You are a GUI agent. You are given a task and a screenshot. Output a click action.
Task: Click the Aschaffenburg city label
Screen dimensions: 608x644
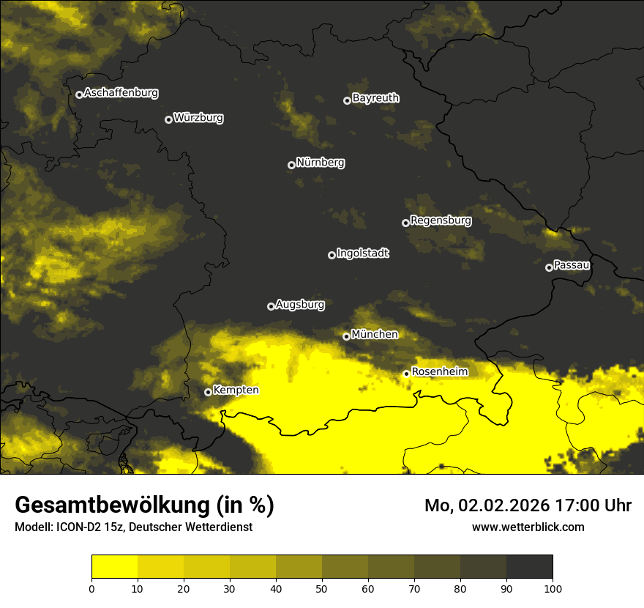121,93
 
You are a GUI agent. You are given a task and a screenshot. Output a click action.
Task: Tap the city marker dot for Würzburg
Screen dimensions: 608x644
168,119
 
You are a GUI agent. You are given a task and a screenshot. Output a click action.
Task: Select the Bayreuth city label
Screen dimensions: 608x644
375,98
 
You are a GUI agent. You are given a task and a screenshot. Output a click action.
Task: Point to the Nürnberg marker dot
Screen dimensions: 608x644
291,165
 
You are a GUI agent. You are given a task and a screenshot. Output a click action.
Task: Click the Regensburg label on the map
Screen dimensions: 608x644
441,220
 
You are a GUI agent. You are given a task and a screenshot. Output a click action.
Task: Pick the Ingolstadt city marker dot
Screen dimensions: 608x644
332,255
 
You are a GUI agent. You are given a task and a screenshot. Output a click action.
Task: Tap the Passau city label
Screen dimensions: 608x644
572,264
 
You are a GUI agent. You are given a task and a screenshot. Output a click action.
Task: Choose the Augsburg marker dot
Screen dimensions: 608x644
271,306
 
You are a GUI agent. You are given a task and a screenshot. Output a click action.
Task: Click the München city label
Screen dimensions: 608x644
375,334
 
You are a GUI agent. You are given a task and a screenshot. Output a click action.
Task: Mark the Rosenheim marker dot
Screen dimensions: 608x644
406,374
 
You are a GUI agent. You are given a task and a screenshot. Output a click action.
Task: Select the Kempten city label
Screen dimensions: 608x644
236,390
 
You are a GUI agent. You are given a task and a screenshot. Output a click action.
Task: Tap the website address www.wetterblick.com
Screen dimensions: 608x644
528,527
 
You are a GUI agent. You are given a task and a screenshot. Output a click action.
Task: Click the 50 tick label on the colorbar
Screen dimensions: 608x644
322,588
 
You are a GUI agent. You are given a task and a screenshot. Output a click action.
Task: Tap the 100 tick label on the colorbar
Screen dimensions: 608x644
553,588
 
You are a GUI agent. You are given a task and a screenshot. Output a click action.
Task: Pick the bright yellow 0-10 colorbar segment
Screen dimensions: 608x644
114,567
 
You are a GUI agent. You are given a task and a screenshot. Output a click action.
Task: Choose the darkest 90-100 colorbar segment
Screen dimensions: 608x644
529,567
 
